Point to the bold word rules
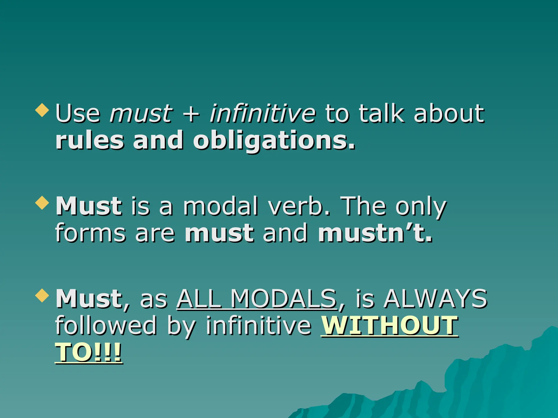click(x=90, y=140)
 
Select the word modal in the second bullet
click(x=220, y=206)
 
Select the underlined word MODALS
click(x=283, y=299)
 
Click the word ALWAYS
click(x=435, y=299)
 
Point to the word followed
click(x=106, y=325)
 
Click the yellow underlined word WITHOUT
click(x=390, y=325)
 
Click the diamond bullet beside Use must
click(x=42, y=110)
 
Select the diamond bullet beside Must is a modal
click(x=42, y=203)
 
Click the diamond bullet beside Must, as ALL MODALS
click(x=42, y=296)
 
